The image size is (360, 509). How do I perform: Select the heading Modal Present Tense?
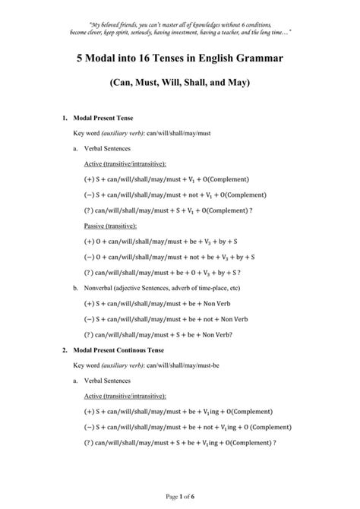pos(102,119)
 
